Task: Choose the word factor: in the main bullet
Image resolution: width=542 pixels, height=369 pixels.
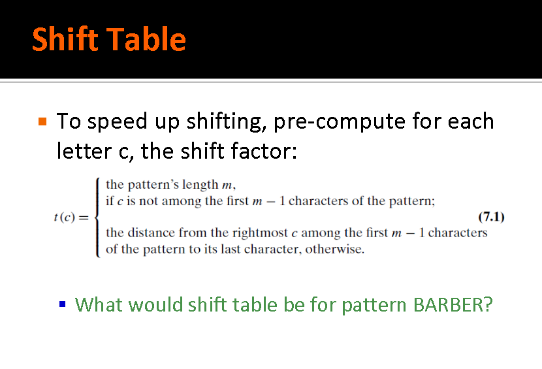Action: [x=264, y=152]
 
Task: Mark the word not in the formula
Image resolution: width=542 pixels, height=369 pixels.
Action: [x=148, y=201]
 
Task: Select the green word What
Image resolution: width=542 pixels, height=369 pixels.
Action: [x=99, y=305]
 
